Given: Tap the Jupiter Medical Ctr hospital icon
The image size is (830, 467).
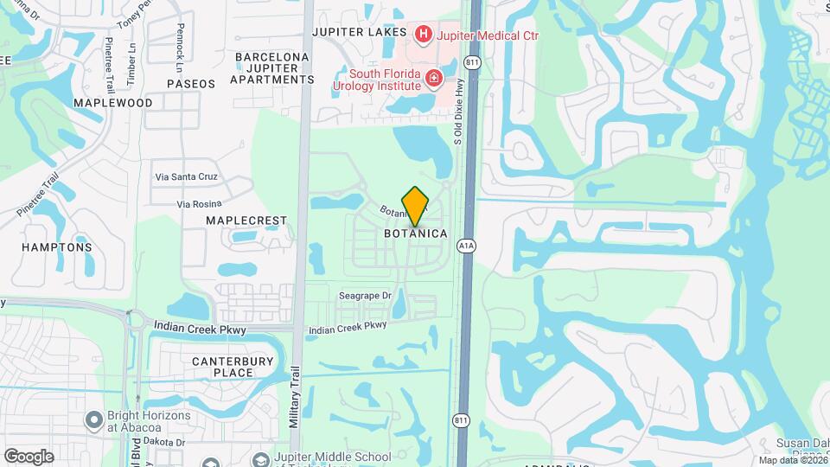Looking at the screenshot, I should (424, 34).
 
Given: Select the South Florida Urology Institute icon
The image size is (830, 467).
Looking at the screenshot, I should (434, 81).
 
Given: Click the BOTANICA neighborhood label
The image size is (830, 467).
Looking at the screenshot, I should (416, 233).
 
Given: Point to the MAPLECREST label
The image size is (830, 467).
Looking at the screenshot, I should (246, 221).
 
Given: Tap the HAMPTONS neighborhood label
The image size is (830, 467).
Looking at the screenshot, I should (56, 247).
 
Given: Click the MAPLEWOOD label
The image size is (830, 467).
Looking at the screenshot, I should (113, 102).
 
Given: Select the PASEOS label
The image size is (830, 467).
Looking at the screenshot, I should (190, 84).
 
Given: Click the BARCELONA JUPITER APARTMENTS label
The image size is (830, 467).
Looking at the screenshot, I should (272, 68).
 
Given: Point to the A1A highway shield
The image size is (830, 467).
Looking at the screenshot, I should (467, 246).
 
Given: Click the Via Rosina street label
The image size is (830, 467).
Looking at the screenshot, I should (200, 204).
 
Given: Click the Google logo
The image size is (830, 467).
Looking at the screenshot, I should (28, 456).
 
